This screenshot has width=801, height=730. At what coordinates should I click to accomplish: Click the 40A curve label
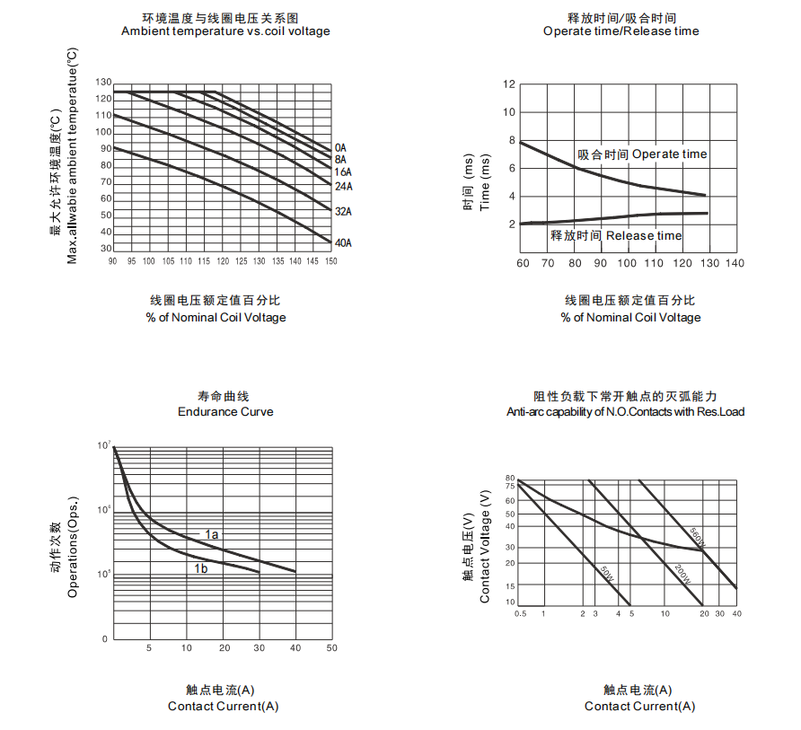[343, 243]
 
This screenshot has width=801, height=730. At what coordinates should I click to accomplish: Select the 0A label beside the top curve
[340, 147]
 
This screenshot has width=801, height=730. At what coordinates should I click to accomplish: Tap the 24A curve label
[343, 187]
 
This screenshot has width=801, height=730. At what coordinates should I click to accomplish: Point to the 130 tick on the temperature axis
[104, 82]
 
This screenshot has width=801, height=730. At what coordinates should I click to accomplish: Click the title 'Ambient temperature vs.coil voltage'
[225, 31]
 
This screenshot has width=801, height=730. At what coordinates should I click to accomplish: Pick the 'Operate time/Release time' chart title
[621, 31]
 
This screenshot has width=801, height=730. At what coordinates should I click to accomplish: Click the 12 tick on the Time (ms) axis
[509, 84]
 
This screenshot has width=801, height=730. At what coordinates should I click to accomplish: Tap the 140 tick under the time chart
[735, 263]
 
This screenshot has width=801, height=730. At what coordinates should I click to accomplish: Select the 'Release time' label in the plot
[644, 235]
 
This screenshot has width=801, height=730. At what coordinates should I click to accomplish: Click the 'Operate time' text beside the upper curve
[669, 154]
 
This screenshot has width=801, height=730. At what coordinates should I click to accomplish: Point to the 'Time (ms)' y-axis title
[485, 182]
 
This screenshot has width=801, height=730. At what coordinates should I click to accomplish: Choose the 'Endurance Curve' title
[225, 412]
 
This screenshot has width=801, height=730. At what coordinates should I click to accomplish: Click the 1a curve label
[212, 534]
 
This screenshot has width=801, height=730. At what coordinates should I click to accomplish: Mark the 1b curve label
[201, 568]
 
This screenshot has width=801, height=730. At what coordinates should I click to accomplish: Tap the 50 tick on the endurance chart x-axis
[331, 647]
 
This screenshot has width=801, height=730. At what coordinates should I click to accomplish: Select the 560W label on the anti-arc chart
[698, 537]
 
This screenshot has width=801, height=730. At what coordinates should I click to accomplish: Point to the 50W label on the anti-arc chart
[607, 572]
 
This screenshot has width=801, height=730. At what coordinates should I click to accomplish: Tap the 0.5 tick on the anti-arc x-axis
[519, 613]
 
